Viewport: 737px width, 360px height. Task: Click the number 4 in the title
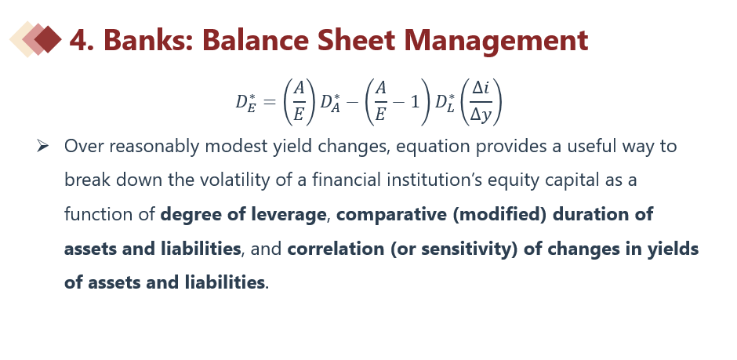tap(79, 40)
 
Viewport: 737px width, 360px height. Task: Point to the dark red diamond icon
tap(48, 39)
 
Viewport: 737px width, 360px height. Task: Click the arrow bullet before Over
tap(42, 146)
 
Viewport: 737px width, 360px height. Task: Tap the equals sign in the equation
tap(270, 102)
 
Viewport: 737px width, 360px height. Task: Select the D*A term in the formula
tap(330, 102)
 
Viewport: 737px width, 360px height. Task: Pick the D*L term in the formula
tap(445, 102)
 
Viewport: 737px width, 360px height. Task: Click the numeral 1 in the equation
tap(415, 102)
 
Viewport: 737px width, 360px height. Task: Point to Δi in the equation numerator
tap(481, 87)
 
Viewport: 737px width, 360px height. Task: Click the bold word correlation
tap(336, 249)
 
